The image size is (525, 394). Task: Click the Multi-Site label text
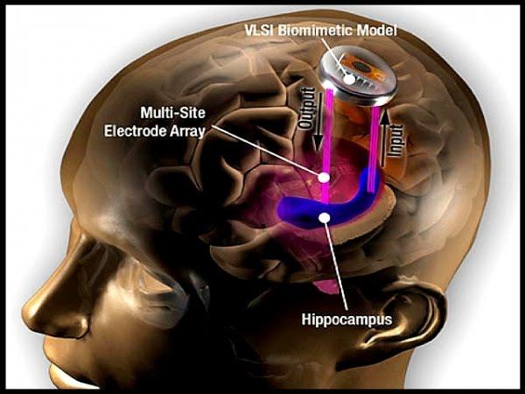[172, 113]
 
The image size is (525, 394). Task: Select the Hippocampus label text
[346, 320]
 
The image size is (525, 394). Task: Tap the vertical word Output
[306, 108]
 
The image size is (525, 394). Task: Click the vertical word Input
[395, 140]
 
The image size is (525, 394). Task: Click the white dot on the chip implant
[349, 79]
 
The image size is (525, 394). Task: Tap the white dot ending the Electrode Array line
[324, 177]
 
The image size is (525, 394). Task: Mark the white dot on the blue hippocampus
[325, 218]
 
